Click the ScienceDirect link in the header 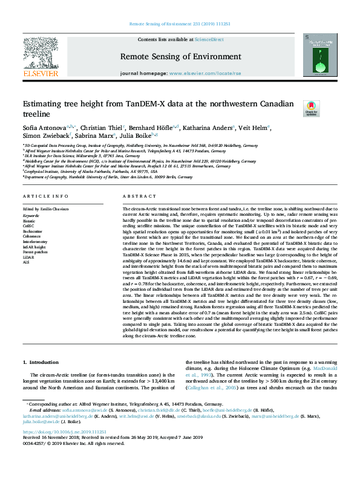point(207,39)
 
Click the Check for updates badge point(310,109)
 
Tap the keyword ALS point(27,262)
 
